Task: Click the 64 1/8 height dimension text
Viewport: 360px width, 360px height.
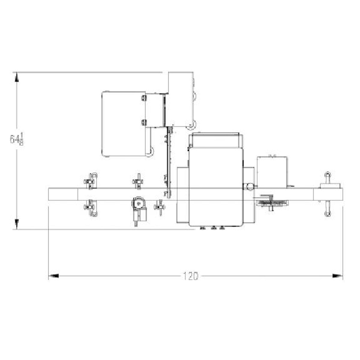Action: coord(17,139)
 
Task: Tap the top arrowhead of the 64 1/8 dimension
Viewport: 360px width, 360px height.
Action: coord(17,77)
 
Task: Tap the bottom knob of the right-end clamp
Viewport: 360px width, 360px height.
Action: coord(328,213)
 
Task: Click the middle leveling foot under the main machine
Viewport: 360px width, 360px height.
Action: coord(213,228)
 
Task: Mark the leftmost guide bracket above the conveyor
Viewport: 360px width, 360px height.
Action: coord(90,181)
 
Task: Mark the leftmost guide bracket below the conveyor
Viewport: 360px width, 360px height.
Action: coord(90,207)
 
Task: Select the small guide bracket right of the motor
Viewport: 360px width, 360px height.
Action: coord(159,207)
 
